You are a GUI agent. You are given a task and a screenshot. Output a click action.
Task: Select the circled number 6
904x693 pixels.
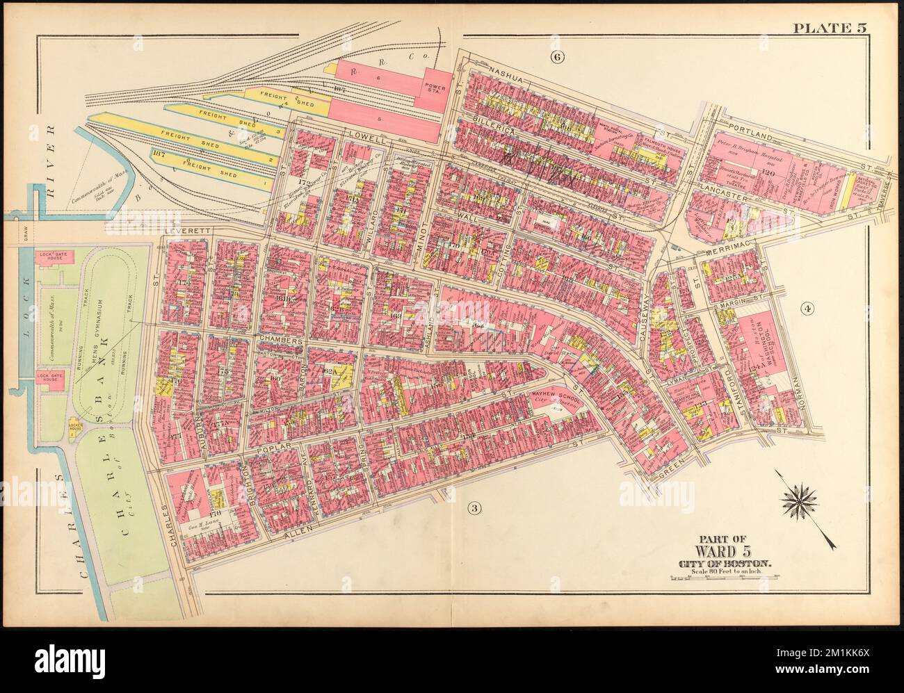point(555,57)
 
